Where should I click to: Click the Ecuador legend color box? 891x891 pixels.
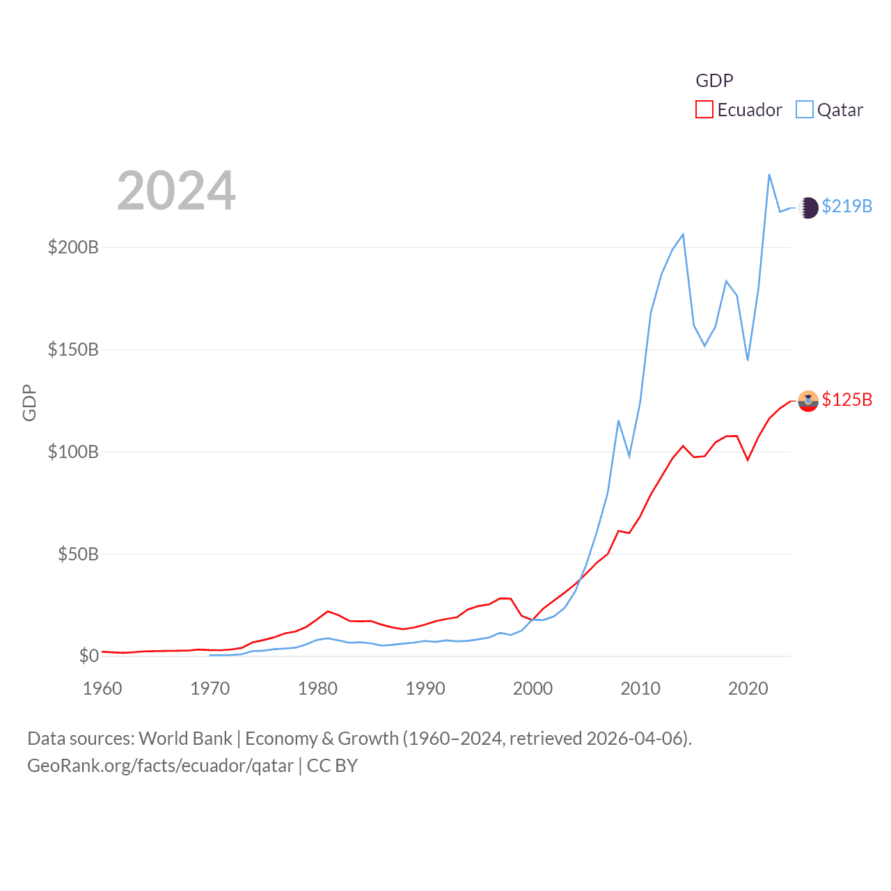[704, 110]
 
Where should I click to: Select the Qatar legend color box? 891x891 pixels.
[805, 110]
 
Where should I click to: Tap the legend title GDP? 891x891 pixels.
[714, 81]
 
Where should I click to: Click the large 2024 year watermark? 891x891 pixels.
[176, 191]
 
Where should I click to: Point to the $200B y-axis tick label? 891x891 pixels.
[73, 247]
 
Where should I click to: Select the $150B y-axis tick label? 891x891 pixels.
[73, 349]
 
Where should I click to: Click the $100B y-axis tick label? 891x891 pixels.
[73, 452]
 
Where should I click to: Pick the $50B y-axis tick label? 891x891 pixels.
[78, 554]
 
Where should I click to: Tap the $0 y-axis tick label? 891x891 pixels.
[88, 656]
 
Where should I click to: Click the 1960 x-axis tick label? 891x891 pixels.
[102, 688]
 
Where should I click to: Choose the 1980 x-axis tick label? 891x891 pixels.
[317, 688]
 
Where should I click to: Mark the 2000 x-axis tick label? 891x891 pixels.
[533, 688]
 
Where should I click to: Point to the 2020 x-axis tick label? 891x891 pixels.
[748, 688]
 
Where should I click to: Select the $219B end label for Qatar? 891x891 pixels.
[846, 206]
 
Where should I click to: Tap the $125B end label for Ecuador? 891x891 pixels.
[846, 400]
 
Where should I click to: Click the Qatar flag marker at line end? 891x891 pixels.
[808, 207]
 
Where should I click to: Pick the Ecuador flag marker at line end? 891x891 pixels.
[808, 401]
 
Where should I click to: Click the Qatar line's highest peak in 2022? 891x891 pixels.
[769, 175]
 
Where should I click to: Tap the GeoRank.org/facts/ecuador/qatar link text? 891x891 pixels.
[160, 766]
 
